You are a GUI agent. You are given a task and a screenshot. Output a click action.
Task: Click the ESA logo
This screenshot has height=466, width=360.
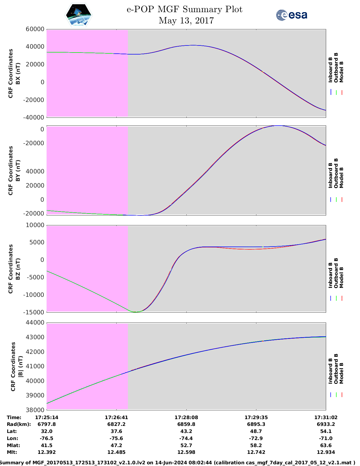tap(291, 15)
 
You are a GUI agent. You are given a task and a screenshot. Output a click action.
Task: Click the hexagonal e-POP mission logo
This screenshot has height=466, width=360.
tap(78, 15)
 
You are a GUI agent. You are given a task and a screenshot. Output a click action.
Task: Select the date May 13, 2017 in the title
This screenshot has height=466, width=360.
tap(186, 21)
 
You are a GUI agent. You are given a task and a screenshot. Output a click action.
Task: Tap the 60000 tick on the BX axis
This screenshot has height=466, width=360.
tap(35, 29)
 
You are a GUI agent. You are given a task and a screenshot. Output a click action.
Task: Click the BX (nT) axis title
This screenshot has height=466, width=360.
tap(18, 73)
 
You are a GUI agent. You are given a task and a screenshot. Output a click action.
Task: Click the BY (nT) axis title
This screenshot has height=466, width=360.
tap(18, 170)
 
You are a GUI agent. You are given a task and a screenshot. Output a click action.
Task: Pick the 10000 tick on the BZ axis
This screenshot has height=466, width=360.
tap(35, 225)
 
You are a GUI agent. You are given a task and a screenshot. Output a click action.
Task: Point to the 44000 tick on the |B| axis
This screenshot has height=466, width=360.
tap(35, 323)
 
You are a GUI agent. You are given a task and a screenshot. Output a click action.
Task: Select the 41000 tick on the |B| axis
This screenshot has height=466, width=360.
tap(35, 366)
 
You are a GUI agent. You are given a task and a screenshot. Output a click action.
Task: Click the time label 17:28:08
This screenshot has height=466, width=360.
tap(186, 417)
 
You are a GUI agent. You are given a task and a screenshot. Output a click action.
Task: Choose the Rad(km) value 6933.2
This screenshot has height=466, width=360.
tap(326, 424)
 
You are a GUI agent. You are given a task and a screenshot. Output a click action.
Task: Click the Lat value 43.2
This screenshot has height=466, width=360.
tap(186, 431)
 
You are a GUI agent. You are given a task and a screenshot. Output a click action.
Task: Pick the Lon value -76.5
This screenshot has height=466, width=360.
tap(47, 438)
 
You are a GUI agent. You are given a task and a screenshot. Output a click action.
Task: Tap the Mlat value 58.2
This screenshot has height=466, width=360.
tap(256, 445)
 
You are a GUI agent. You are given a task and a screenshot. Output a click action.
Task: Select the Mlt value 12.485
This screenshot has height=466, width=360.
tap(116, 452)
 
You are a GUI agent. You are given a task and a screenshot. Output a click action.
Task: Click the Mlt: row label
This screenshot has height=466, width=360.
tap(12, 452)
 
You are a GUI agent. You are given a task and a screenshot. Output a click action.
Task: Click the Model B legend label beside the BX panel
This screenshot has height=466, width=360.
tap(341, 72)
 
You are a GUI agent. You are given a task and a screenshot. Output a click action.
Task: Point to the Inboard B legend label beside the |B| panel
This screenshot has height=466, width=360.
tap(331, 371)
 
